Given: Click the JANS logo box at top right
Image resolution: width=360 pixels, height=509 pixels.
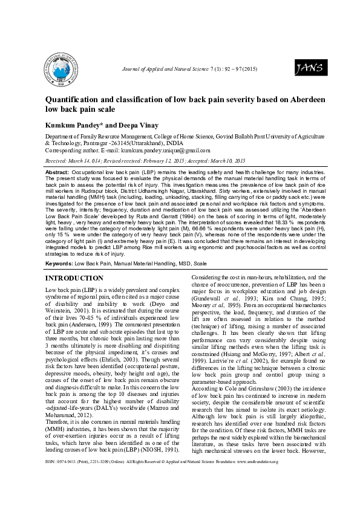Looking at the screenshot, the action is pyautogui.click(x=309, y=68).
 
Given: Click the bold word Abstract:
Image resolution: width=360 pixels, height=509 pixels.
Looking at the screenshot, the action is pyautogui.click(x=57, y=172).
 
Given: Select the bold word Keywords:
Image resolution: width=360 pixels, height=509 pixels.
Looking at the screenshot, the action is pyautogui.click(x=59, y=264).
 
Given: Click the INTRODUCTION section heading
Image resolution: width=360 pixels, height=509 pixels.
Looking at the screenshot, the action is pyautogui.click(x=74, y=278).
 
